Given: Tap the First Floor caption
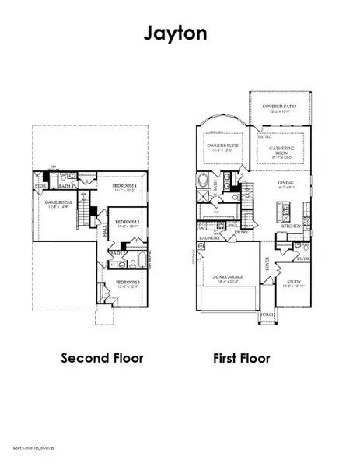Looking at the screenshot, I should pyautogui.click(x=241, y=358).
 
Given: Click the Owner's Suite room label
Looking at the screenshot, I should pyautogui.click(x=221, y=148).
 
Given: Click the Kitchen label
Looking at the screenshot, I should pyautogui.click(x=292, y=226).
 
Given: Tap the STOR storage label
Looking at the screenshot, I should pyautogui.click(x=40, y=187).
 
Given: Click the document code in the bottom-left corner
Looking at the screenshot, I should pyautogui.click(x=36, y=449).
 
